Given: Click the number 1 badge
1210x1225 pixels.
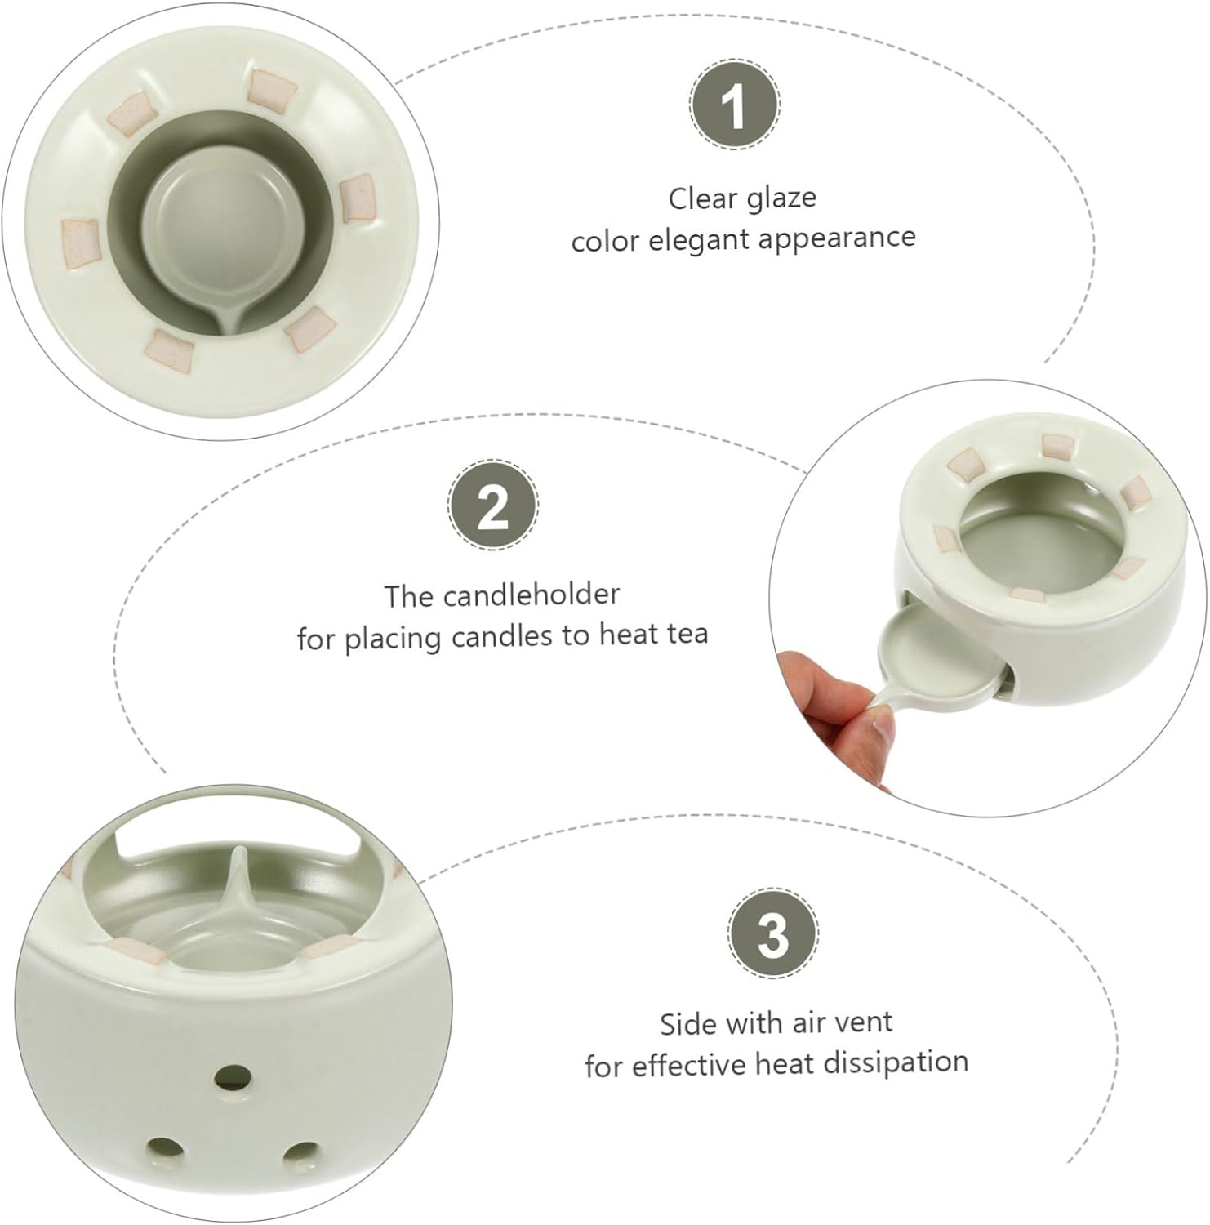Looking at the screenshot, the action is (734, 105).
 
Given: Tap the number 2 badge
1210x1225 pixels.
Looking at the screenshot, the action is (493, 505).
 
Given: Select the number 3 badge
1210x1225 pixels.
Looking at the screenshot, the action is (772, 933).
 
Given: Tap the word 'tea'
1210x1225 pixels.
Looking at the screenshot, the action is (687, 635).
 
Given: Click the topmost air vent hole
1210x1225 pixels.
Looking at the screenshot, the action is (232, 1077).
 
